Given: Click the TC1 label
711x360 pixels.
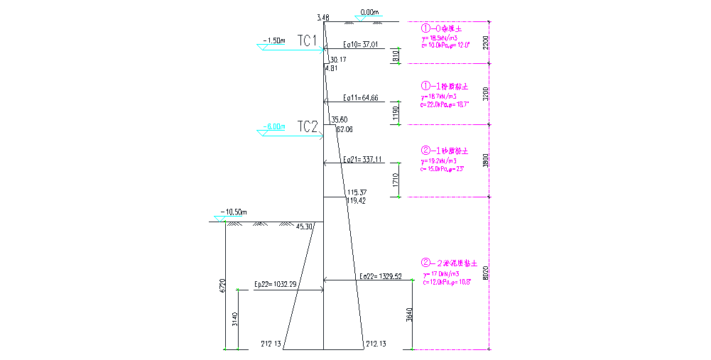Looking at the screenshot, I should point(307,40).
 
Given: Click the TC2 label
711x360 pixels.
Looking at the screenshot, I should point(307,126).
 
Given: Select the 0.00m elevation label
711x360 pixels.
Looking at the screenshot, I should point(370,12).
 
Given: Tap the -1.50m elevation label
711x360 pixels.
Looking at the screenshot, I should point(273,40).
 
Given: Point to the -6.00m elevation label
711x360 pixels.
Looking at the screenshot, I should point(273,127).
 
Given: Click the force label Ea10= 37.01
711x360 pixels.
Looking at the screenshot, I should point(360,45).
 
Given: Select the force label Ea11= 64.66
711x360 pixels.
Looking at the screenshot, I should point(360,97).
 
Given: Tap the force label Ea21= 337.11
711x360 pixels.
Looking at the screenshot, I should point(362,159).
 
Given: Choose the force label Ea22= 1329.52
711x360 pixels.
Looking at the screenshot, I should point(381,276).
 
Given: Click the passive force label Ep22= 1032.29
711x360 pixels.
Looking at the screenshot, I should point(276,284).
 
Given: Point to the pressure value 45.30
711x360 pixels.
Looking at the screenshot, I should point(304,227).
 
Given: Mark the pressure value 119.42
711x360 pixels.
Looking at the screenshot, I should point(356,201).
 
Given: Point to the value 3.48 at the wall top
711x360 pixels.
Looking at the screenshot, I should point(323,18).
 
